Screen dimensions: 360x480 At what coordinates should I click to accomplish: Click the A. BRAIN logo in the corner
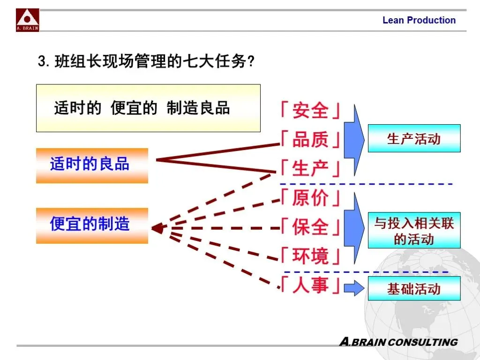coord(28,20)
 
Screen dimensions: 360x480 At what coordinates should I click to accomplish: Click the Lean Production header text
coord(419,20)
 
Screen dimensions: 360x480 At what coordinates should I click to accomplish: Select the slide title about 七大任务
coord(146,61)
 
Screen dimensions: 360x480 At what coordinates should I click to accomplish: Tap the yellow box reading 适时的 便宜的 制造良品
coord(148,108)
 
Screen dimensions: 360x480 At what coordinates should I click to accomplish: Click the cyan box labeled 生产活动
coord(414,138)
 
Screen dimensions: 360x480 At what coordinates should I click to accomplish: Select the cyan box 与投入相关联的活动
coord(414,231)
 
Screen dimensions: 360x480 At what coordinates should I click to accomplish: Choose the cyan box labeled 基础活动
coord(414,288)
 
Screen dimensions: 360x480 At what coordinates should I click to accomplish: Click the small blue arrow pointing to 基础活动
coord(354,288)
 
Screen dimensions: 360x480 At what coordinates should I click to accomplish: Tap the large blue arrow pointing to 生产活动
coord(354,140)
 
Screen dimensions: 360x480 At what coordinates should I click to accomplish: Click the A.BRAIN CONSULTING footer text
coord(398,342)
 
